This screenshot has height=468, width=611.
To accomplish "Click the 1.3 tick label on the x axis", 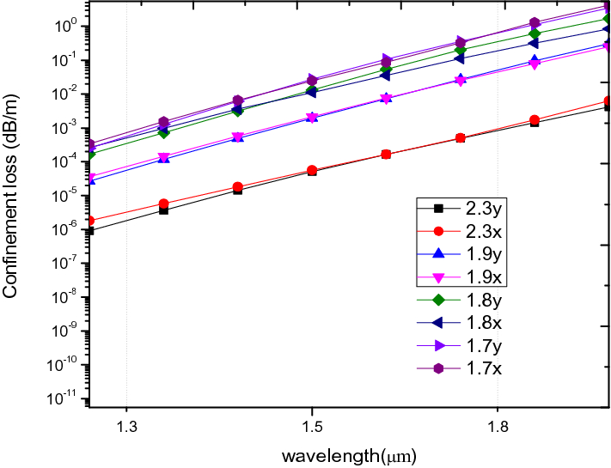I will click(127, 427).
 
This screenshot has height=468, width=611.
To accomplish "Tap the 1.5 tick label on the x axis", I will click(312, 427).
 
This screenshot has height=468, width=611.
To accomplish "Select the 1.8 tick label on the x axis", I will click(498, 427).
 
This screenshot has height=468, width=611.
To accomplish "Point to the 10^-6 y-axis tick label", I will click(69, 229).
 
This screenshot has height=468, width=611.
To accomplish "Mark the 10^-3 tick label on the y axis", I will click(69, 128).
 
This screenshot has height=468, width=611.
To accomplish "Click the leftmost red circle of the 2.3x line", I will click(90, 221).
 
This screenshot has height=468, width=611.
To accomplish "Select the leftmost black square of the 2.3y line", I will click(90, 231).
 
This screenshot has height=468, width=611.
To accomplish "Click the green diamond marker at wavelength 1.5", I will click(313, 91).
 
